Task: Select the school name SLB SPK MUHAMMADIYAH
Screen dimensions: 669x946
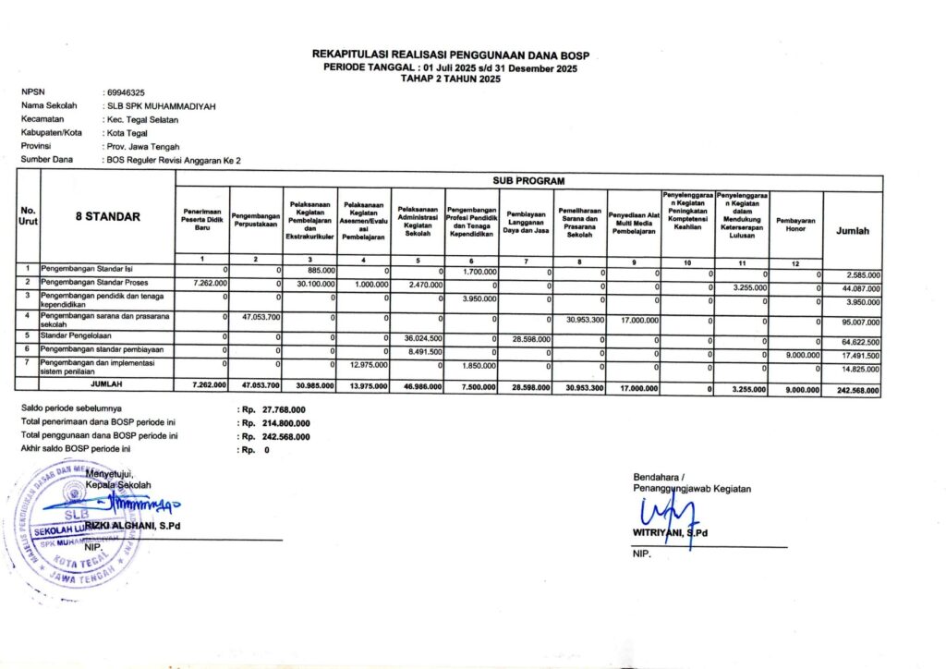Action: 162,106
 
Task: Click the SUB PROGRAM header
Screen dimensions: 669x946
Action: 528,180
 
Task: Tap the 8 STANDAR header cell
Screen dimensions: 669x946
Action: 108,217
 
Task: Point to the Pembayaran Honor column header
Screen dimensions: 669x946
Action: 794,224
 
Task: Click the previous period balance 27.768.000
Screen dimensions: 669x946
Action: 284,408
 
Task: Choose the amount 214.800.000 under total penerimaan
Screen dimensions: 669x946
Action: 284,422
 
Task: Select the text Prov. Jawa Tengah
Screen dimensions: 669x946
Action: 142,147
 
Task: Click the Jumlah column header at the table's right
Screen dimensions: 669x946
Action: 852,231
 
